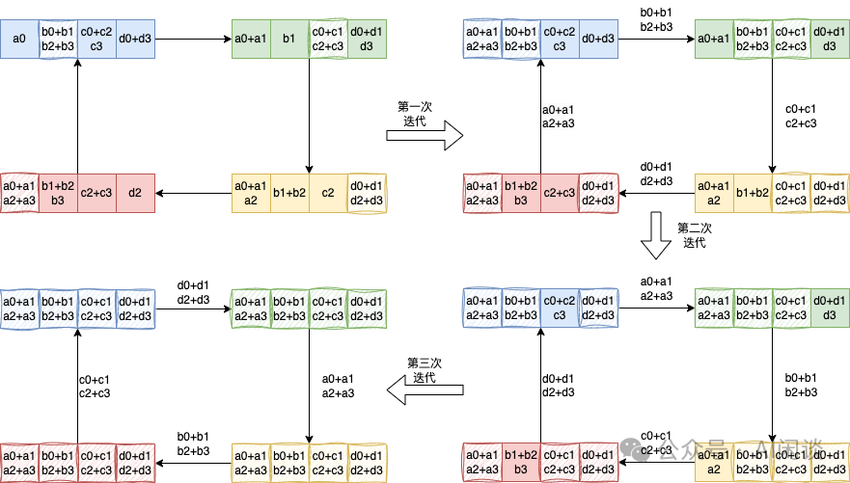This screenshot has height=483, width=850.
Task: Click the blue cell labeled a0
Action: click(x=20, y=39)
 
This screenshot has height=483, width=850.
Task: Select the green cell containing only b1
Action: click(x=289, y=39)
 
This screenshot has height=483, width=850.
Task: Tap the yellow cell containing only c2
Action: click(x=328, y=193)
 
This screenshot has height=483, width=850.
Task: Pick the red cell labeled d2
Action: click(x=135, y=193)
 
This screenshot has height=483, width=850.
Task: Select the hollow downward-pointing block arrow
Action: click(x=657, y=235)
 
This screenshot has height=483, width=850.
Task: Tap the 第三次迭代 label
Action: click(x=425, y=370)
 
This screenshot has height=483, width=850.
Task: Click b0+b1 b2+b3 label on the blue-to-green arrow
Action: click(x=656, y=19)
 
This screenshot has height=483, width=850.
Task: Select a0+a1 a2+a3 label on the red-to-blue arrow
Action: click(x=559, y=116)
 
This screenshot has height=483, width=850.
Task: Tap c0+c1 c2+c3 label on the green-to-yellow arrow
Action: click(x=801, y=116)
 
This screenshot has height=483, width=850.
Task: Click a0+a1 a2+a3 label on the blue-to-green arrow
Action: click(x=656, y=288)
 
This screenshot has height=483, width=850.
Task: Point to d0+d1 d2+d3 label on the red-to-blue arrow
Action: click(x=559, y=385)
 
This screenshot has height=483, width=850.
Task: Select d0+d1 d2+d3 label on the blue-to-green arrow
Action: click(x=193, y=292)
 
